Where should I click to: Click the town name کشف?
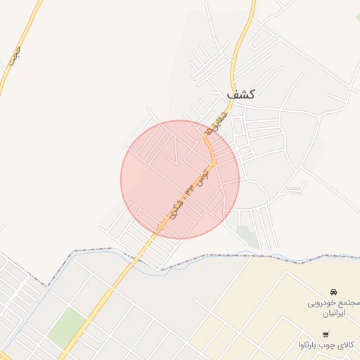click(240, 93)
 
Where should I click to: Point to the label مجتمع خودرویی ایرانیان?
click(333, 309)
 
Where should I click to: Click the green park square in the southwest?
click(67, 325)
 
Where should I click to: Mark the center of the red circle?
click(180, 179)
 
